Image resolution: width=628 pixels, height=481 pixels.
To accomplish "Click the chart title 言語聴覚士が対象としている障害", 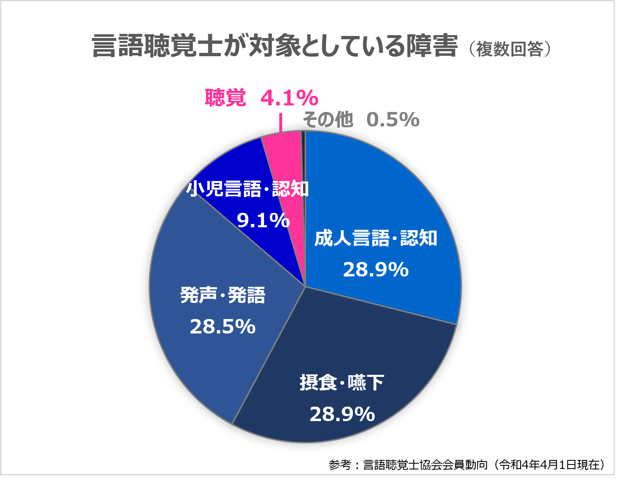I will tap(275, 46).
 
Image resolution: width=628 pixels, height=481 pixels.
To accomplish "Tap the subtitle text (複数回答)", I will tap(510, 49).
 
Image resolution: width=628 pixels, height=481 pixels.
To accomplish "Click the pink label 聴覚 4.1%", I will tap(261, 98).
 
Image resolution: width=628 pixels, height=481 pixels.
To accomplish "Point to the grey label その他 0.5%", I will tap(361, 120).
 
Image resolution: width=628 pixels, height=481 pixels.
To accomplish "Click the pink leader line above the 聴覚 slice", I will tap(281, 123).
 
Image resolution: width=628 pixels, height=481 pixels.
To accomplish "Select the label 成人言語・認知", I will tap(376, 238).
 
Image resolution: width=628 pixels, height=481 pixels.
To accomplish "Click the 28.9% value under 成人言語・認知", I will tap(376, 270).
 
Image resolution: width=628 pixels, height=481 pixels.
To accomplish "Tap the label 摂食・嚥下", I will tap(342, 383).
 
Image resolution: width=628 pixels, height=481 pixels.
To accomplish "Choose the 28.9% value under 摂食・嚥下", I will tap(342, 414).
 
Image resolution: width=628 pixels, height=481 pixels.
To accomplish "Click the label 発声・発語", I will tap(223, 295).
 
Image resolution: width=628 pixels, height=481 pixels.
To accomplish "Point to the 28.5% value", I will tap(223, 327).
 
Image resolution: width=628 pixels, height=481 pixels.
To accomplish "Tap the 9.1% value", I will tap(263, 220).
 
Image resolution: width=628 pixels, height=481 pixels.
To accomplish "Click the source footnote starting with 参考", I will tap(467, 465).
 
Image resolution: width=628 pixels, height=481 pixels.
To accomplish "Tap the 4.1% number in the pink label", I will tap(289, 98).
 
